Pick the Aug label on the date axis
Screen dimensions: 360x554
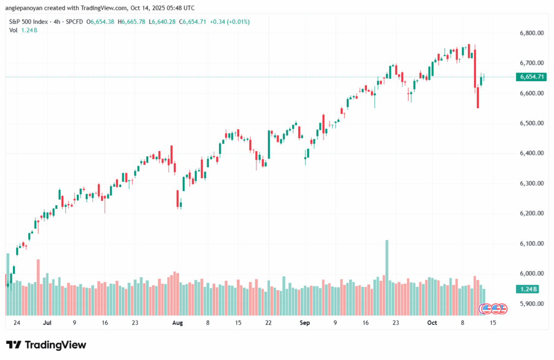point(177,323)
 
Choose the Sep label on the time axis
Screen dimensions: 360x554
point(305,323)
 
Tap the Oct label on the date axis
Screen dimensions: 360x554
point(432,323)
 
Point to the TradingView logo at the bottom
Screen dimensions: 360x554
point(46,345)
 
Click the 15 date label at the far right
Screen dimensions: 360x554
point(493,323)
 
